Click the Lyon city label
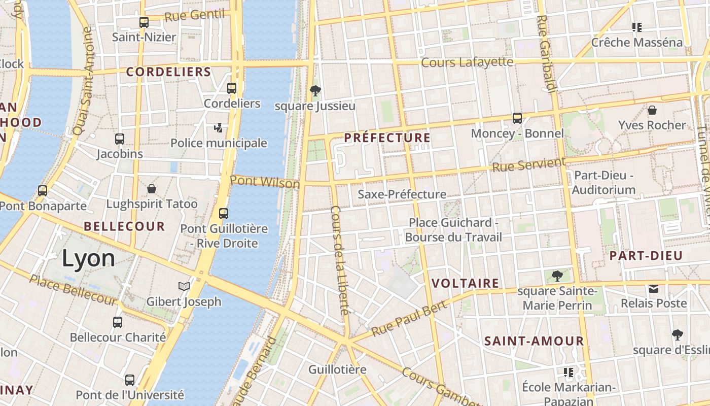[88, 259]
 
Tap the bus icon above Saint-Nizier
[144, 22]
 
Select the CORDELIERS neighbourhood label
[168, 72]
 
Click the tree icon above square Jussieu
[315, 91]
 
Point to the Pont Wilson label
[265, 182]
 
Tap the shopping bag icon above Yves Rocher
[652, 110]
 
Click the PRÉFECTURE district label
[387, 138]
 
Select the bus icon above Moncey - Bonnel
[517, 118]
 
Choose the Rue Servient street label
[528, 164]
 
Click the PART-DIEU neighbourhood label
[646, 255]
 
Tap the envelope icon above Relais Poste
[654, 288]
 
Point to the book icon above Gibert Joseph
[184, 287]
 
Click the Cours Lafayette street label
[467, 62]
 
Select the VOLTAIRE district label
[465, 283]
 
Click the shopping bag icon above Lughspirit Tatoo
[152, 189]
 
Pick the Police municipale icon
[218, 127]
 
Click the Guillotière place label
[337, 369]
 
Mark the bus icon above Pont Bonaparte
[43, 191]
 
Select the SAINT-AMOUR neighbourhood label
[534, 341]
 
